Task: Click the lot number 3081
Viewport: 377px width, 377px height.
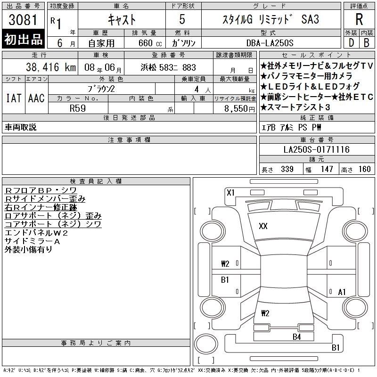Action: (23, 20)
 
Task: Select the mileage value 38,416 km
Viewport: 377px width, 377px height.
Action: (51, 67)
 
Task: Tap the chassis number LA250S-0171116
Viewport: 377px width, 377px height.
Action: (316, 149)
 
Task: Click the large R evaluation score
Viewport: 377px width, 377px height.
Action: (359, 19)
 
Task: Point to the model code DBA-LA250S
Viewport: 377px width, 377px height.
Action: (270, 43)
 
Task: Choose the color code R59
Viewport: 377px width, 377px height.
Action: (78, 108)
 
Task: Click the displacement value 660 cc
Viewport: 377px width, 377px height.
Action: (150, 43)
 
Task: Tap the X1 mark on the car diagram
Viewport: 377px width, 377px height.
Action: (230, 193)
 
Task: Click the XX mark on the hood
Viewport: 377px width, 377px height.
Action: (263, 226)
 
